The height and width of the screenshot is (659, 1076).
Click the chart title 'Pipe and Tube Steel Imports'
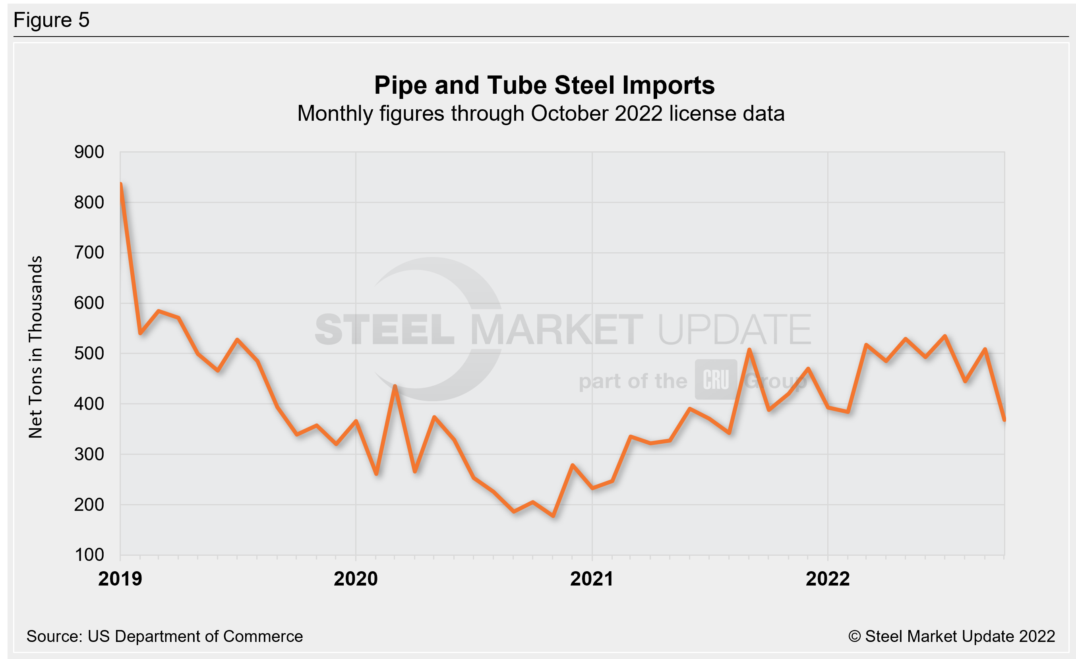click(544, 85)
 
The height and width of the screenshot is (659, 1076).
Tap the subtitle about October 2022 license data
click(541, 114)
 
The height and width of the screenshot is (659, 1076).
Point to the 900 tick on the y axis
click(89, 152)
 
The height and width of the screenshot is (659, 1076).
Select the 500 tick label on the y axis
click(89, 354)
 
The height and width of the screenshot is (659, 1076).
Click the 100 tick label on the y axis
click(89, 555)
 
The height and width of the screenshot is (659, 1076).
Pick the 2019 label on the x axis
click(120, 579)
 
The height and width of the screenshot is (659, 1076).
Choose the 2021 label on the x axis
click(592, 579)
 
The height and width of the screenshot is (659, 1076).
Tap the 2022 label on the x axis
click(828, 579)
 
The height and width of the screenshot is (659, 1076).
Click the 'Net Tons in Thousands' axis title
click(35, 347)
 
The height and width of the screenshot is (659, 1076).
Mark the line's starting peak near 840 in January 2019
click(120, 184)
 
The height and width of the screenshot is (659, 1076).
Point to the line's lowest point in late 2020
click(553, 516)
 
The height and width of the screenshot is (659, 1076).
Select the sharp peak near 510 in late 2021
click(749, 350)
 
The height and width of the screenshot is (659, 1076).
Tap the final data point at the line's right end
click(1004, 420)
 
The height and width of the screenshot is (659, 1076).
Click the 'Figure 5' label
click(52, 20)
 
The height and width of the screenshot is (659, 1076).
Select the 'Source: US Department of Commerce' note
click(164, 636)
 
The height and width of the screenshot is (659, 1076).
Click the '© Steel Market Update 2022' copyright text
click(952, 636)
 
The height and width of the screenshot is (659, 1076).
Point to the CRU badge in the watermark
click(716, 380)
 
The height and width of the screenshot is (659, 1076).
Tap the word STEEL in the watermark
click(384, 330)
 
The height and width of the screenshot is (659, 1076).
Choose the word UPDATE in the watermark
click(734, 330)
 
